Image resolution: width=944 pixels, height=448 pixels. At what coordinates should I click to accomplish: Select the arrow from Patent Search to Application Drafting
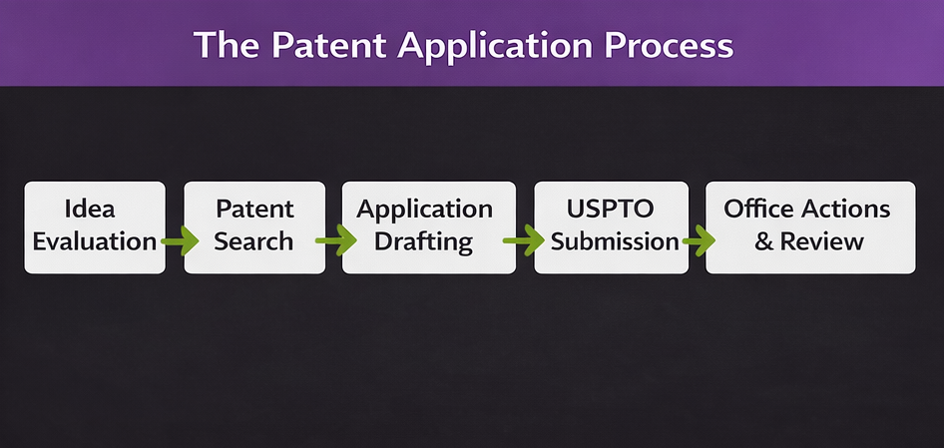335,240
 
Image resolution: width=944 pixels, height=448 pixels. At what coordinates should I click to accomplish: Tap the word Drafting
424,241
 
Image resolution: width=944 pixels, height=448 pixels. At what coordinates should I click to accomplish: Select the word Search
254,241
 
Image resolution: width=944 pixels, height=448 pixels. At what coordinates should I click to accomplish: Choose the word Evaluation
95,241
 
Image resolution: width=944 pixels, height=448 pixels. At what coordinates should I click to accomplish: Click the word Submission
615,241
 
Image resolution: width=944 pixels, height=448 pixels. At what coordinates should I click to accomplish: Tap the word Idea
89,210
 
